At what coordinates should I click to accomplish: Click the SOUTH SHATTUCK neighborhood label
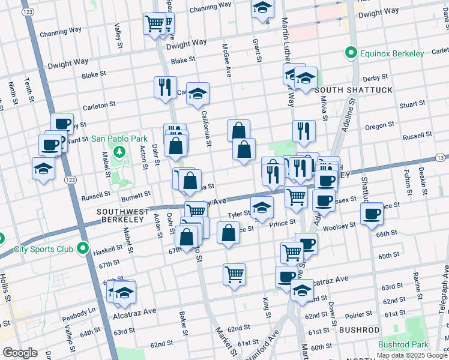[353, 90]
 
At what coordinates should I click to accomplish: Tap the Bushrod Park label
[403, 345]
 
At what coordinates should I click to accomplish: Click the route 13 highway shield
[441, 157]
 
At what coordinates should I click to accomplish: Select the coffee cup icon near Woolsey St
[371, 214]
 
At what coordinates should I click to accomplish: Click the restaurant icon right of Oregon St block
[304, 130]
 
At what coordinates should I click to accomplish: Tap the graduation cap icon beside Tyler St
[262, 208]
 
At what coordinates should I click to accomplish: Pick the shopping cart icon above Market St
[234, 274]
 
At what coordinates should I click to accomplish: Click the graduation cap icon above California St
[197, 93]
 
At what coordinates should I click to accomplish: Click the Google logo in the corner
[20, 353]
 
